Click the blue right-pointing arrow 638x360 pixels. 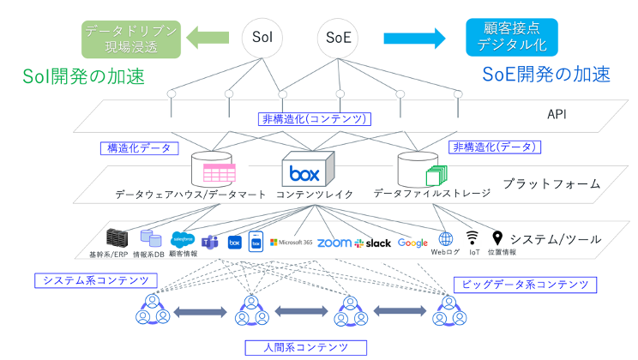(415, 37)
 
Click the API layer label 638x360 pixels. (558, 115)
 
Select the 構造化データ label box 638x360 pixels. (139, 147)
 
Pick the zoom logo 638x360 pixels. (334, 243)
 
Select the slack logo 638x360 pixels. (372, 243)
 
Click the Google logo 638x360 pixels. (412, 243)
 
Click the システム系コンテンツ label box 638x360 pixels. (95, 280)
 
